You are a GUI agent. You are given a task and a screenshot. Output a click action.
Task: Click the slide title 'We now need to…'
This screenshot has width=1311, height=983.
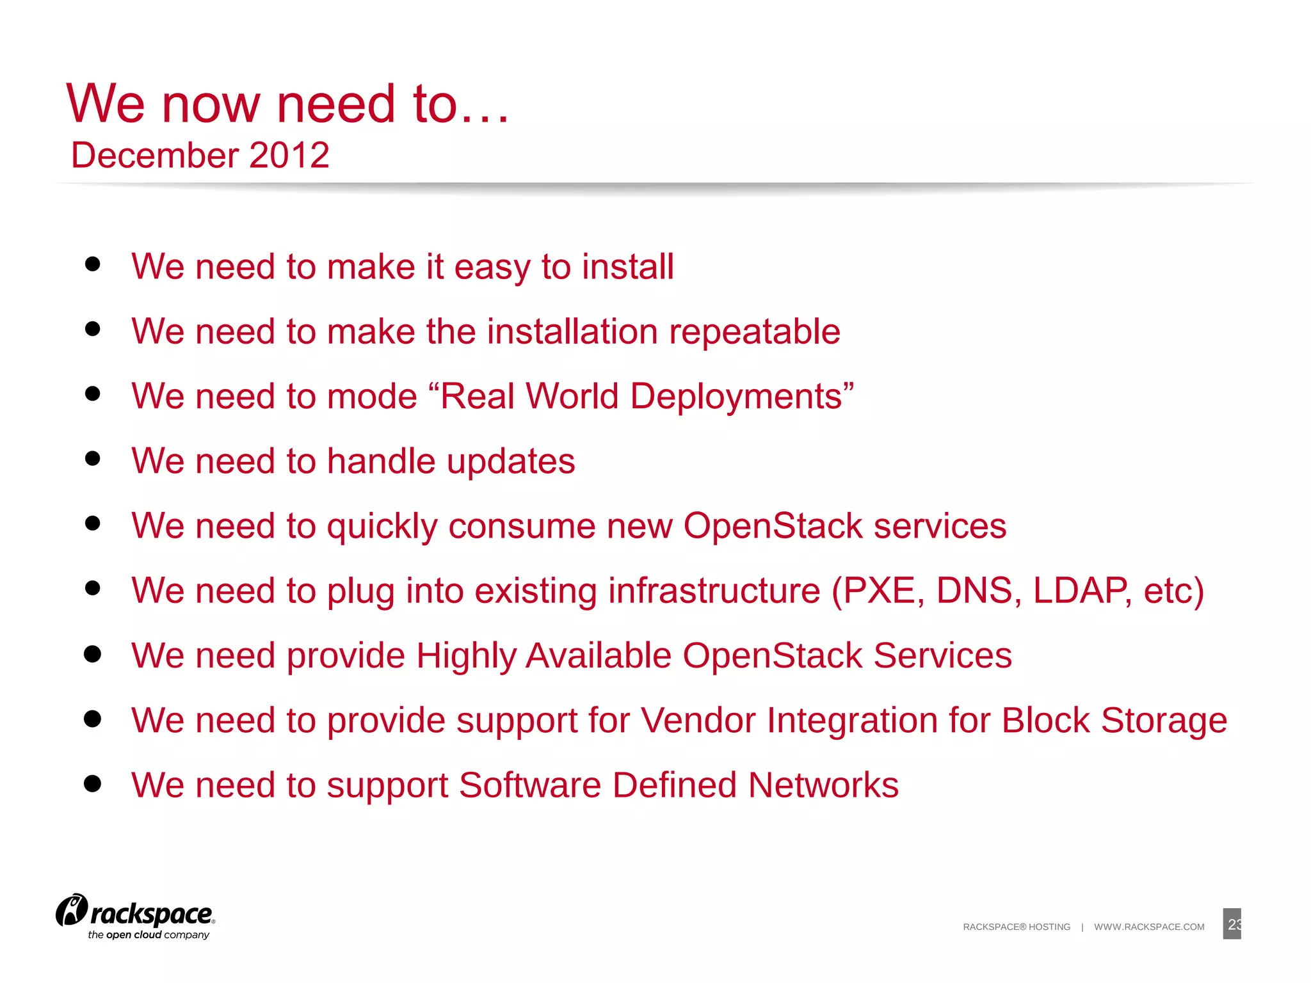click(287, 104)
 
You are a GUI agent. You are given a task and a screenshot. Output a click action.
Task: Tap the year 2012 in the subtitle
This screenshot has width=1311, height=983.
click(289, 156)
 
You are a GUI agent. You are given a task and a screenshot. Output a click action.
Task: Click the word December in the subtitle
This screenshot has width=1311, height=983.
click(156, 156)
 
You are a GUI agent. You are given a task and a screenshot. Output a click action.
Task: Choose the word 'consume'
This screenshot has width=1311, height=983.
click(522, 526)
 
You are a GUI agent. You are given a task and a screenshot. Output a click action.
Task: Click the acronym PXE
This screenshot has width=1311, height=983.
click(879, 591)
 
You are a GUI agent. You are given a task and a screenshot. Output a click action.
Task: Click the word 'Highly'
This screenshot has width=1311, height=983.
click(466, 656)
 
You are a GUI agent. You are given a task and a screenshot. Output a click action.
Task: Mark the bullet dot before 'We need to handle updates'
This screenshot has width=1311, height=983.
click(93, 458)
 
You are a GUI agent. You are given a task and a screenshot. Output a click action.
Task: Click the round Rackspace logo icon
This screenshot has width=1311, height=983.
click(71, 910)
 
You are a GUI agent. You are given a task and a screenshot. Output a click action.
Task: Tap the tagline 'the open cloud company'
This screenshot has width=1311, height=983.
click(149, 935)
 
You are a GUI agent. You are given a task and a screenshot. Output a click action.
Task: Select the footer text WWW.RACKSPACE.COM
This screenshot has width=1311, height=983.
click(1149, 927)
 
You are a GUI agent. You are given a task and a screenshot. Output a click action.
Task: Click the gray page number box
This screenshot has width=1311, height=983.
click(1232, 924)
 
